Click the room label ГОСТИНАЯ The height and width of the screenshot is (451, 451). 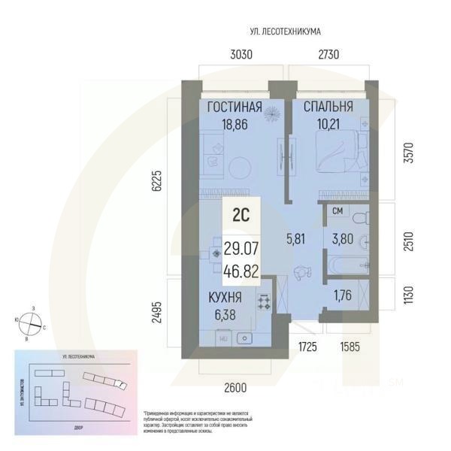point(235,108)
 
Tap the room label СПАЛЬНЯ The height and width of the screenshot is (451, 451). point(328,108)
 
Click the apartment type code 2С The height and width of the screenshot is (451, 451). point(241,213)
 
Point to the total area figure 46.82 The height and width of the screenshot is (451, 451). point(241,271)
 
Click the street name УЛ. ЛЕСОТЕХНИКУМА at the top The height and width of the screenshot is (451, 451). point(286,32)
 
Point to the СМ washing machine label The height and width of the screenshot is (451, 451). point(337,211)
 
